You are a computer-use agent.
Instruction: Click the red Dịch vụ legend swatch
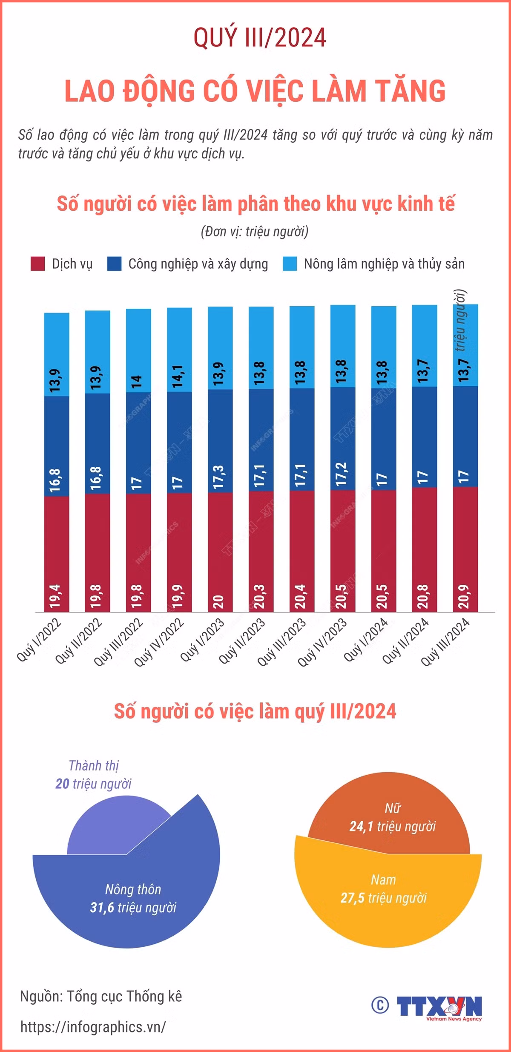38,264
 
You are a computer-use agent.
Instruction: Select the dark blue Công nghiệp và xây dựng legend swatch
115,264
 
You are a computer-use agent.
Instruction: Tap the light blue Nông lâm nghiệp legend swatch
290,264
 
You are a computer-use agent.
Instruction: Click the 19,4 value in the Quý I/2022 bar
55,596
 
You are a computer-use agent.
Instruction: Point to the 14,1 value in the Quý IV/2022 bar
178,376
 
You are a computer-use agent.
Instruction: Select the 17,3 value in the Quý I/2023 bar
218,477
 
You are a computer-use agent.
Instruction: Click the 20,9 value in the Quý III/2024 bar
464,596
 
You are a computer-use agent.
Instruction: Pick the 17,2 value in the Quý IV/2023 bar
341,474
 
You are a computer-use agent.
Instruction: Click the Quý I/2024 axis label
365,640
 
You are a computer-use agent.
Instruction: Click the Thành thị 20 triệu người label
94,774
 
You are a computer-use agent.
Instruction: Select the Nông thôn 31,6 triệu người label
133,898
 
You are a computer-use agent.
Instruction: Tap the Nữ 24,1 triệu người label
393,817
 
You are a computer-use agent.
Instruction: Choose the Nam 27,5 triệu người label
383,888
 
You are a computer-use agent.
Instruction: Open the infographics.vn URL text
93,1027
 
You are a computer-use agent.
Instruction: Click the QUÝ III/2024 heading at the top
260,37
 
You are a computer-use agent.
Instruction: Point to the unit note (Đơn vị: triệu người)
255,231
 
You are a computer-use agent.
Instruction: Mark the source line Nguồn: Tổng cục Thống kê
101,996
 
